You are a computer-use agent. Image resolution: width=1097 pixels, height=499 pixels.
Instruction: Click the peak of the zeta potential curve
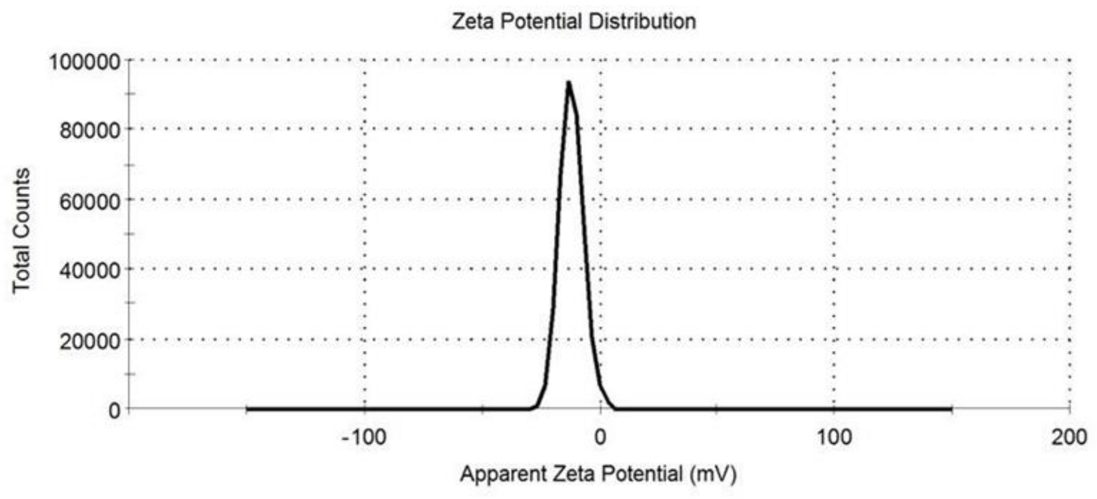point(568,83)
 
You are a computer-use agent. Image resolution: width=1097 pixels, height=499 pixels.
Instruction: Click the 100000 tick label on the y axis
point(85,62)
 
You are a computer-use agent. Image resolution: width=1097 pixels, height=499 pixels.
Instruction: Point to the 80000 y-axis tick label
point(90,130)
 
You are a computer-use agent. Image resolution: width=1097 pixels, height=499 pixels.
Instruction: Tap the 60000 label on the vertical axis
point(90,201)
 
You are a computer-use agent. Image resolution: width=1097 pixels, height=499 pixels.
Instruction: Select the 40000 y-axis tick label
point(90,270)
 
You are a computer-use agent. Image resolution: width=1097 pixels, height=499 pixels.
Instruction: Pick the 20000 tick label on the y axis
point(90,341)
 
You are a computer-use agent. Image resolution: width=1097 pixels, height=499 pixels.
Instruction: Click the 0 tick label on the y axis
point(114,410)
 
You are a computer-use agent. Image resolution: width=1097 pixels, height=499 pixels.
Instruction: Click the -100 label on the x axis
point(364,437)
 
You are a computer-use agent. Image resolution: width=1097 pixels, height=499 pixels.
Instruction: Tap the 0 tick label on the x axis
point(600,437)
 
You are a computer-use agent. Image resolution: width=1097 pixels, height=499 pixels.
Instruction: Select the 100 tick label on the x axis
point(834,437)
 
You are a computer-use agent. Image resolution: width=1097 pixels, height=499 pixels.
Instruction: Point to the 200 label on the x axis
point(1069,437)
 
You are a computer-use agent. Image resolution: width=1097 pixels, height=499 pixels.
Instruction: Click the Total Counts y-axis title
point(21,230)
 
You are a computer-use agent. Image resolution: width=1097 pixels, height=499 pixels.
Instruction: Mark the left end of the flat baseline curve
point(248,409)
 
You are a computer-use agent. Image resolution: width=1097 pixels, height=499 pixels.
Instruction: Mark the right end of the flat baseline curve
point(951,409)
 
